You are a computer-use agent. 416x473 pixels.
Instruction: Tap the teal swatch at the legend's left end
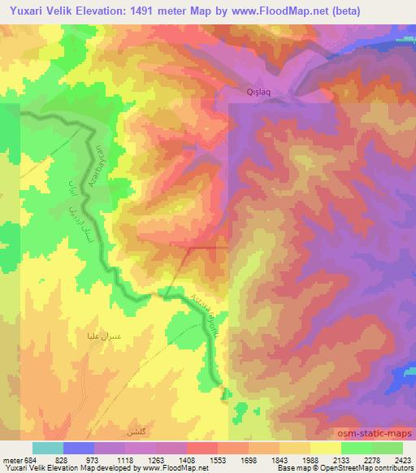coord(47,448)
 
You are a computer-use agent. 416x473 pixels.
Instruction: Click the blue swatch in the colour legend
coord(77,448)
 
